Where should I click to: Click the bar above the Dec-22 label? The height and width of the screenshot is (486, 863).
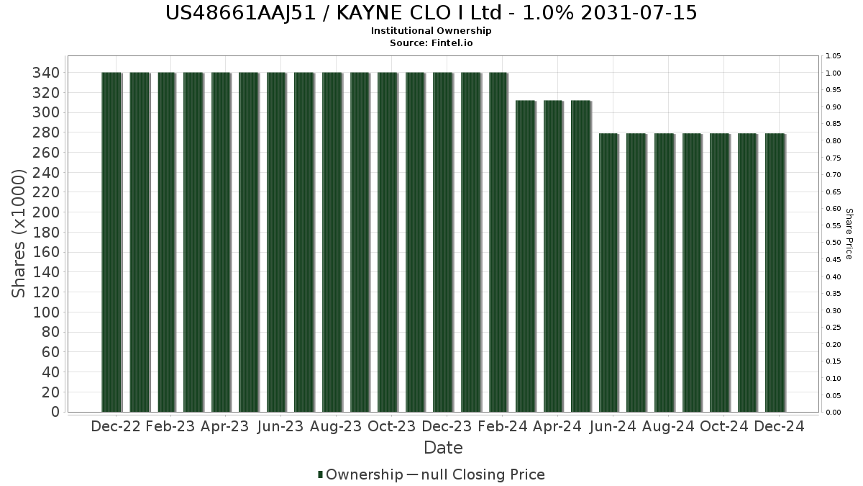[x=111, y=242]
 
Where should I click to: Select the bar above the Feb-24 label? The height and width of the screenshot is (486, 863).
[x=498, y=242]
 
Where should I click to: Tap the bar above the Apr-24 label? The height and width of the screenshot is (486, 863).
[x=553, y=256]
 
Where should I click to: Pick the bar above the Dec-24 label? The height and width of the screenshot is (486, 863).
[x=775, y=272]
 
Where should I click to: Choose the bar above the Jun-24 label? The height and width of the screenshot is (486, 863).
[x=608, y=272]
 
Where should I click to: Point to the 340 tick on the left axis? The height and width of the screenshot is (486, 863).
[x=46, y=73]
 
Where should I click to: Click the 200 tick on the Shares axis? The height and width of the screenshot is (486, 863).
[x=46, y=212]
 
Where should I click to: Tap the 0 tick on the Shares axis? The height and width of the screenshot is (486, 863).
[x=54, y=412]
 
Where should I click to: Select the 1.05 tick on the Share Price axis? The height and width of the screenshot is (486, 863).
[x=834, y=56]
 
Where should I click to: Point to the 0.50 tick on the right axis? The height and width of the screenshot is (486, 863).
[x=834, y=243]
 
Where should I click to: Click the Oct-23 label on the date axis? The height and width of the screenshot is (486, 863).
[x=391, y=426]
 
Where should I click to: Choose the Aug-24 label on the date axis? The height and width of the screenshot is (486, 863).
[x=668, y=426]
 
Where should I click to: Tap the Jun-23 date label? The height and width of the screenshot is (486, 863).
[x=280, y=426]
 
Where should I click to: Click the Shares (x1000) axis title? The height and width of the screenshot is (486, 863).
[x=19, y=233]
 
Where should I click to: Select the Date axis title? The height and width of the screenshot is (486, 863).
[x=443, y=448]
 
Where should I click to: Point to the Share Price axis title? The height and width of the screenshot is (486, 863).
[x=849, y=234]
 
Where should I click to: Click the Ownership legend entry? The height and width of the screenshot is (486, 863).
[x=360, y=474]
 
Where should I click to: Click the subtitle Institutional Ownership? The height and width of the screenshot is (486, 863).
[x=431, y=31]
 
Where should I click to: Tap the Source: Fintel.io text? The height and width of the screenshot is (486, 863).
[x=431, y=43]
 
